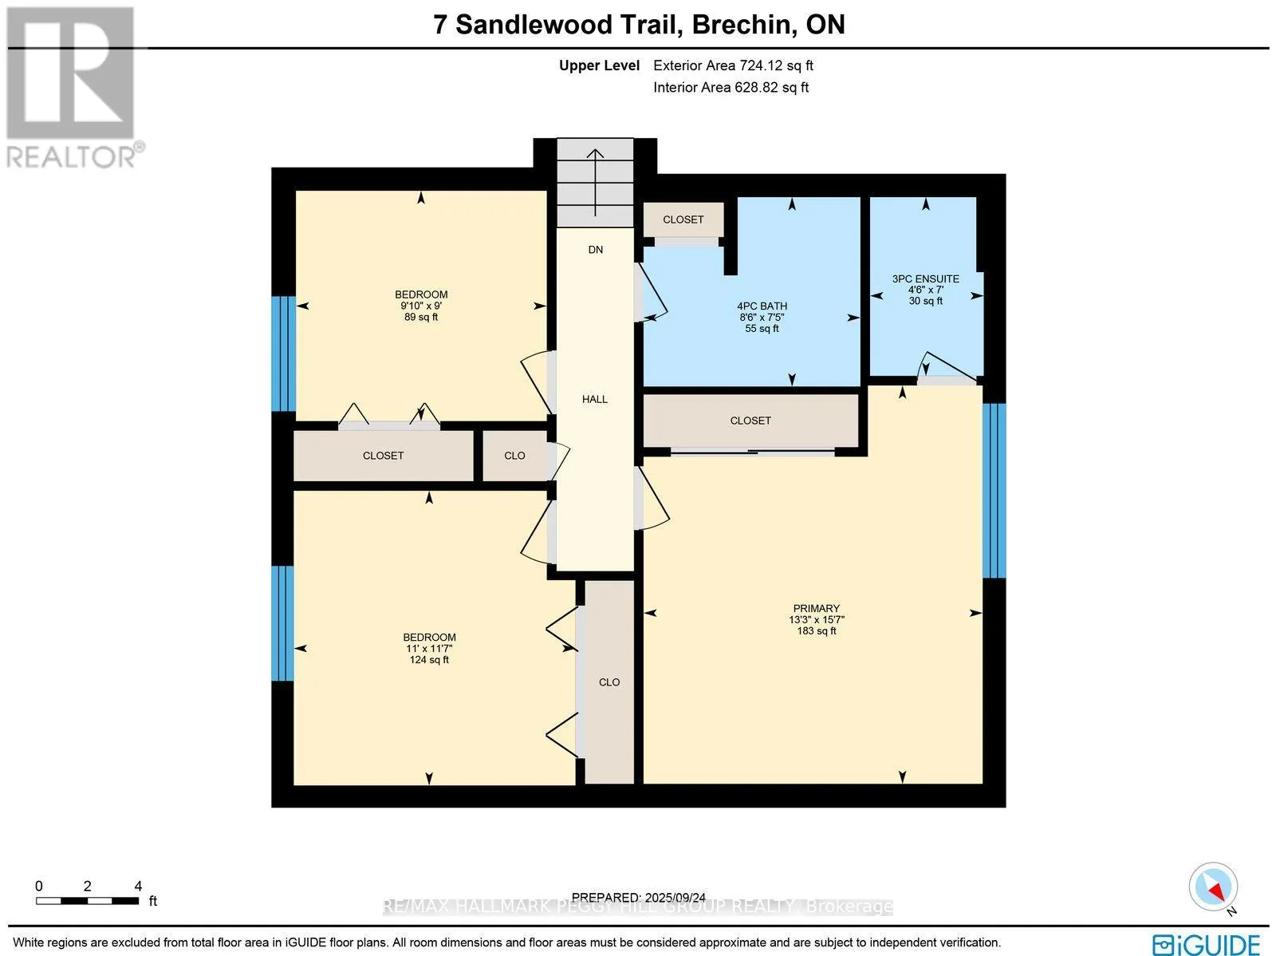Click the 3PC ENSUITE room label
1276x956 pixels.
click(925, 279)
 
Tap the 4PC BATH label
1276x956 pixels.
click(762, 306)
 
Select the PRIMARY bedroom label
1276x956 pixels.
click(816, 608)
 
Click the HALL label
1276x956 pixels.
click(595, 399)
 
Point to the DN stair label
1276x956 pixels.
click(595, 250)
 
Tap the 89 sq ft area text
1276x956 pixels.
click(421, 318)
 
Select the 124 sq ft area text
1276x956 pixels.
click(429, 660)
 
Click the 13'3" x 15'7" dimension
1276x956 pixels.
click(816, 619)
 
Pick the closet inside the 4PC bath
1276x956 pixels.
click(683, 219)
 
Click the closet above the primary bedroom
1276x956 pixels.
click(750, 421)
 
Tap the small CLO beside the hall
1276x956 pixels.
click(514, 456)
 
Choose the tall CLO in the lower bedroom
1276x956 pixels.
click(609, 682)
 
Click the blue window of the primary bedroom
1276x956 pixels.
click(994, 490)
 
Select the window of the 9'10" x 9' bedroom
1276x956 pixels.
click(283, 354)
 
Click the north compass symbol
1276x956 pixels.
click(1213, 887)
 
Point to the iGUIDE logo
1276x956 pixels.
click(1206, 943)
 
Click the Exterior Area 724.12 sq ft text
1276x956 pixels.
click(733, 66)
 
